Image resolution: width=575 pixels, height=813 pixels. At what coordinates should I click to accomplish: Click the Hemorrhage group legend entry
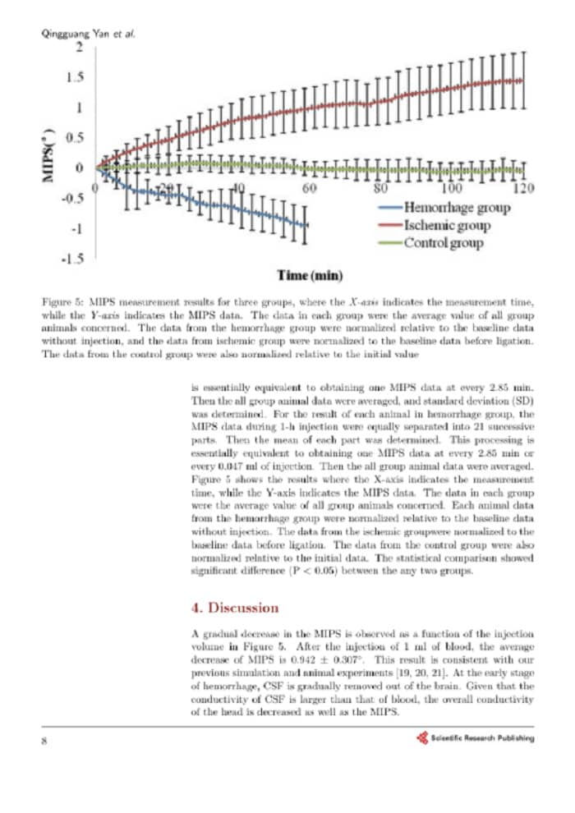pos(456,207)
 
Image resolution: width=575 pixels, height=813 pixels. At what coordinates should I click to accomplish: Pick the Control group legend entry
pos(443,242)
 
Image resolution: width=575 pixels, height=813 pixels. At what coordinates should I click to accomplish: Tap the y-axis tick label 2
pos(79,47)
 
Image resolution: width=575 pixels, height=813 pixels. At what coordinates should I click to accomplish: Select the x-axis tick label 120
pos(522,188)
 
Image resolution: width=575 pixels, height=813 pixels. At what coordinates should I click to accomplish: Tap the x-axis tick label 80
pos(381,188)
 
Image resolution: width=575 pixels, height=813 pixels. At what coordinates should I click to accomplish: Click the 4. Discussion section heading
pos(234,608)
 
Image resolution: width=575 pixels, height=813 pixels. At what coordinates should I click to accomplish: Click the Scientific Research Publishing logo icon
pos(422,737)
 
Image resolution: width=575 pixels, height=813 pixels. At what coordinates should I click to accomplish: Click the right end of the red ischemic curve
pos(522,80)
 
